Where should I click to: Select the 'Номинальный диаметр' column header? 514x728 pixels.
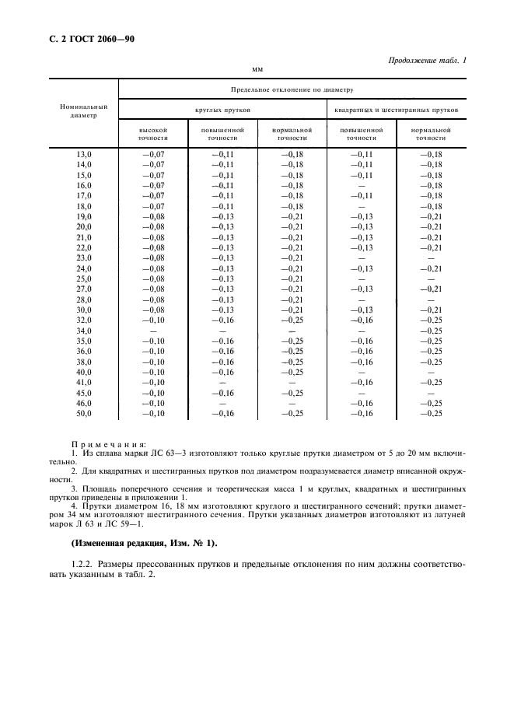click(x=83, y=111)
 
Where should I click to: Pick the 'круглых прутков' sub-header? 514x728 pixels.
click(x=222, y=110)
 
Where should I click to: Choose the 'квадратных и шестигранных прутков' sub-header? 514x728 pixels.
click(x=396, y=110)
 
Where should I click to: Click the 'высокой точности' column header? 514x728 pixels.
click(x=152, y=133)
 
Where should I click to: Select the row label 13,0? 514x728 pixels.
click(x=83, y=155)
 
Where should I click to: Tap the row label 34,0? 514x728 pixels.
click(x=83, y=331)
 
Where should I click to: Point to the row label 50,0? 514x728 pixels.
click(x=83, y=413)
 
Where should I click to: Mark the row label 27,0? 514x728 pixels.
click(x=83, y=288)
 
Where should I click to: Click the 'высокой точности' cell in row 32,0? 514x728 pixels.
click(x=153, y=319)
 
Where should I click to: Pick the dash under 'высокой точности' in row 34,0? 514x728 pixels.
click(x=153, y=331)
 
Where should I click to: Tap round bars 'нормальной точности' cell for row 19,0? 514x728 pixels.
click(x=292, y=216)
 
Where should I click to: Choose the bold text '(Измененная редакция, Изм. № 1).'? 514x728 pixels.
click(x=145, y=542)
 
